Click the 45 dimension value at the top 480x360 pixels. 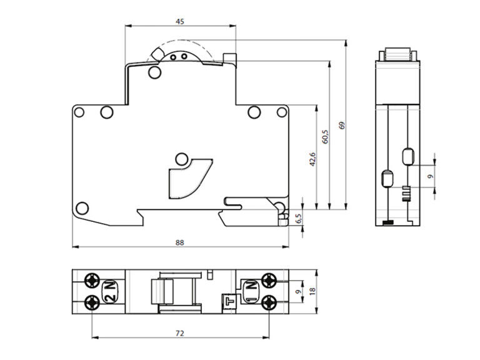click(180, 21)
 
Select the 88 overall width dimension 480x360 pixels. click(180, 242)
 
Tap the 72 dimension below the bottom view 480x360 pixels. click(180, 333)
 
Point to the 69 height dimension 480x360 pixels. click(342, 125)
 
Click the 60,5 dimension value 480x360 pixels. click(325, 136)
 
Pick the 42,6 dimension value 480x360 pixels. click(312, 159)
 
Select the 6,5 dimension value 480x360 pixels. click(299, 219)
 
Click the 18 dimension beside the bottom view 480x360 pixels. click(312, 291)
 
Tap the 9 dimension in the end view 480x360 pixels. click(431, 176)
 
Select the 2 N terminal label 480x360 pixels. click(110, 291)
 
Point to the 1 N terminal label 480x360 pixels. click(251, 291)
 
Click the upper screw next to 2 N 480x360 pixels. click(92, 281)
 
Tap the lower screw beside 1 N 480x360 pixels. click(269, 302)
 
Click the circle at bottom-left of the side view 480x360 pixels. click(82, 208)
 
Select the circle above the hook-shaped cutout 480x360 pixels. click(181, 159)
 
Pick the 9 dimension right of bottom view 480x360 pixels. click(299, 291)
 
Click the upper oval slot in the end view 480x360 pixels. click(408, 156)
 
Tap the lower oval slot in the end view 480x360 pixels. click(387, 178)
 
